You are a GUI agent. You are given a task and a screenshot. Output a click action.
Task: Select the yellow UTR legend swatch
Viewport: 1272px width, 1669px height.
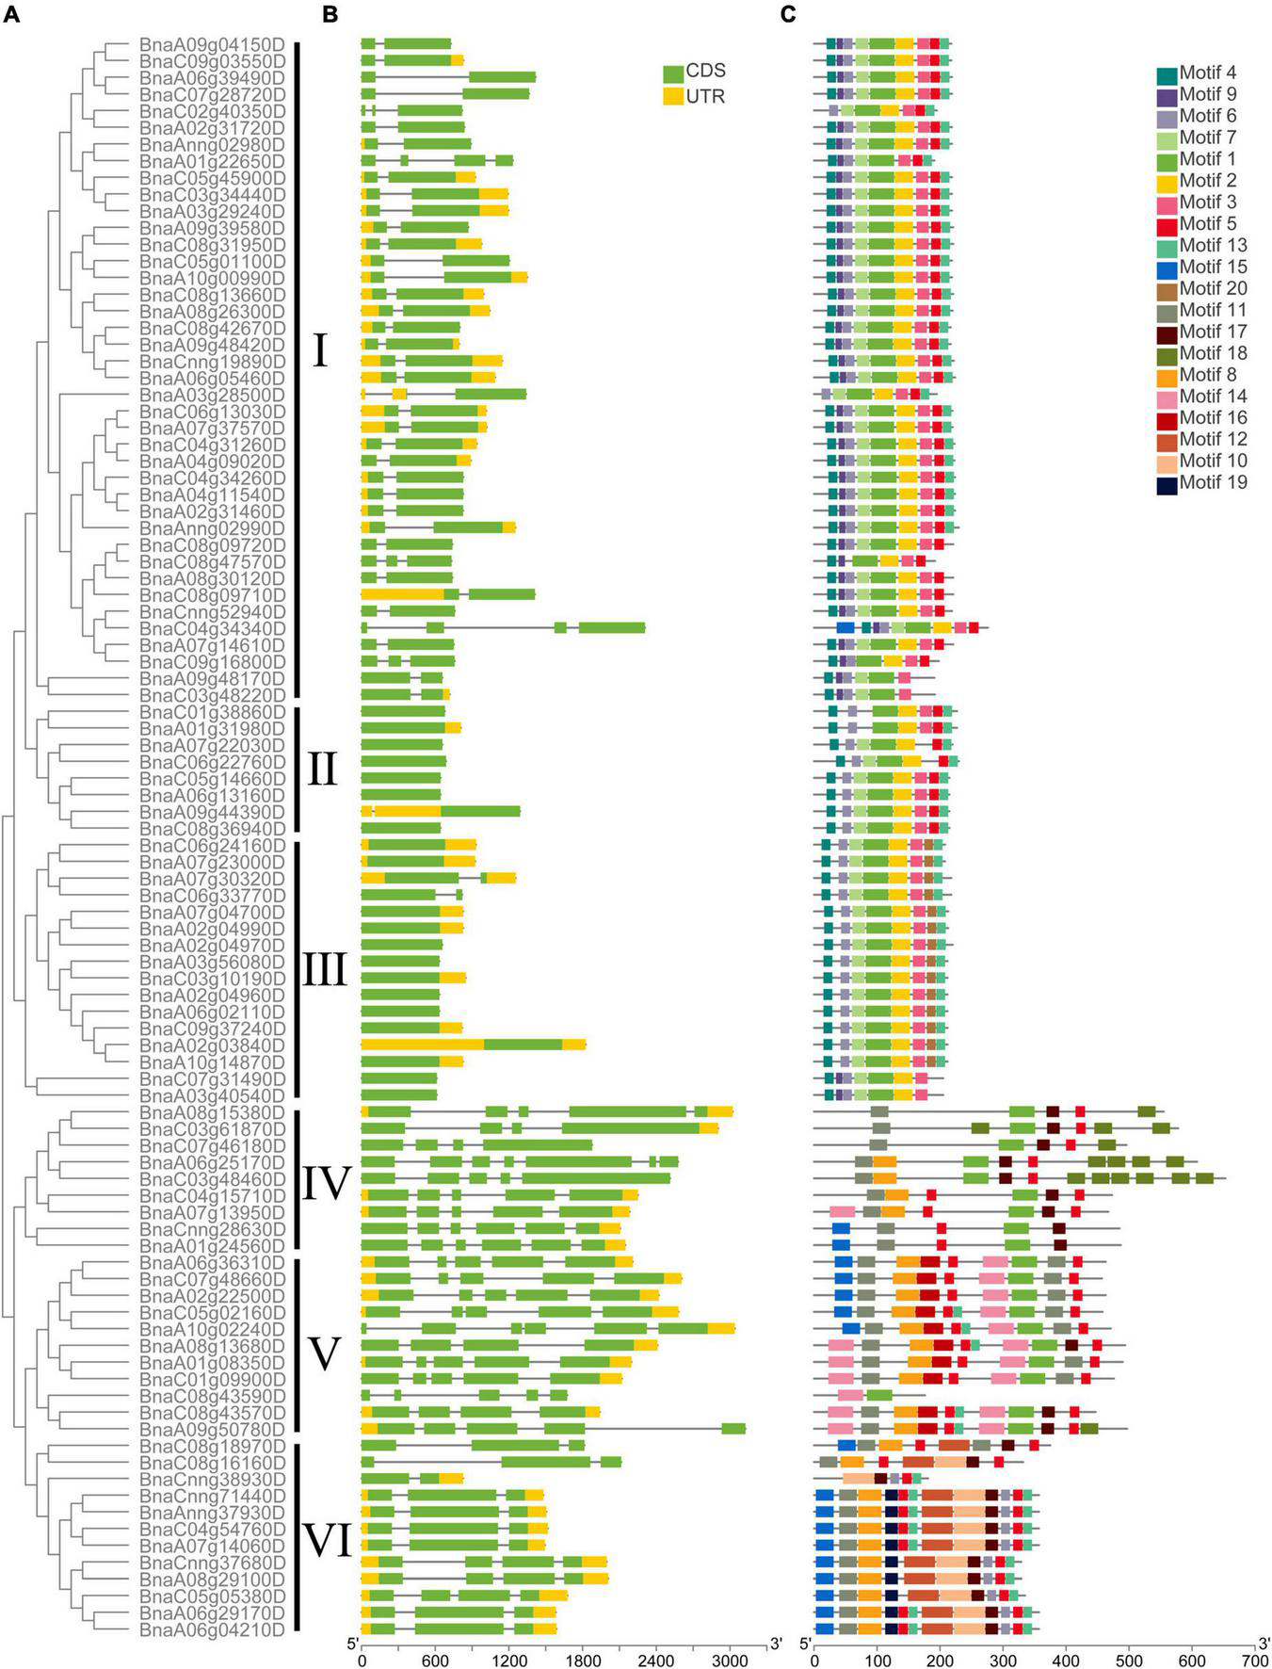coord(673,95)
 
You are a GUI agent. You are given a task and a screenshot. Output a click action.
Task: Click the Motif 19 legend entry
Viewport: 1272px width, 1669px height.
coord(1167,483)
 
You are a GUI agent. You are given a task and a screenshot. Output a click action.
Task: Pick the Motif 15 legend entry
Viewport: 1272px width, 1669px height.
coord(1167,267)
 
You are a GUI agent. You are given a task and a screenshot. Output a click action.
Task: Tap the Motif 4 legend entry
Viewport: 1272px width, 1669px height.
coord(1167,73)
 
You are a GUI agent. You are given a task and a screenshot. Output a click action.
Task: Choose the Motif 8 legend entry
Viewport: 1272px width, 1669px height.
coord(1167,375)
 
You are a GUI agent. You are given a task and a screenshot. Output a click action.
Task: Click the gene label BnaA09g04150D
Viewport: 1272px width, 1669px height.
coord(212,44)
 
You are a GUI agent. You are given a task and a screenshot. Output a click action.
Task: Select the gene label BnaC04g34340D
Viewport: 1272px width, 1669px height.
coord(212,628)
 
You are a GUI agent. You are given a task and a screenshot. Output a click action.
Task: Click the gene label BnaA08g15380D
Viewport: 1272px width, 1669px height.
coord(212,1112)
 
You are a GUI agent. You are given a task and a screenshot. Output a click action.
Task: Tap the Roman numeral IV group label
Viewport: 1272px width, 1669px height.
coord(326,1184)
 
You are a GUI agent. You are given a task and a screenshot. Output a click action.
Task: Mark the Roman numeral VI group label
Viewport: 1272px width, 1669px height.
coord(326,1542)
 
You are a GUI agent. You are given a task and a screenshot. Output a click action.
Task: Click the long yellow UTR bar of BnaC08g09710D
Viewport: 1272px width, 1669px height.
coord(402,594)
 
